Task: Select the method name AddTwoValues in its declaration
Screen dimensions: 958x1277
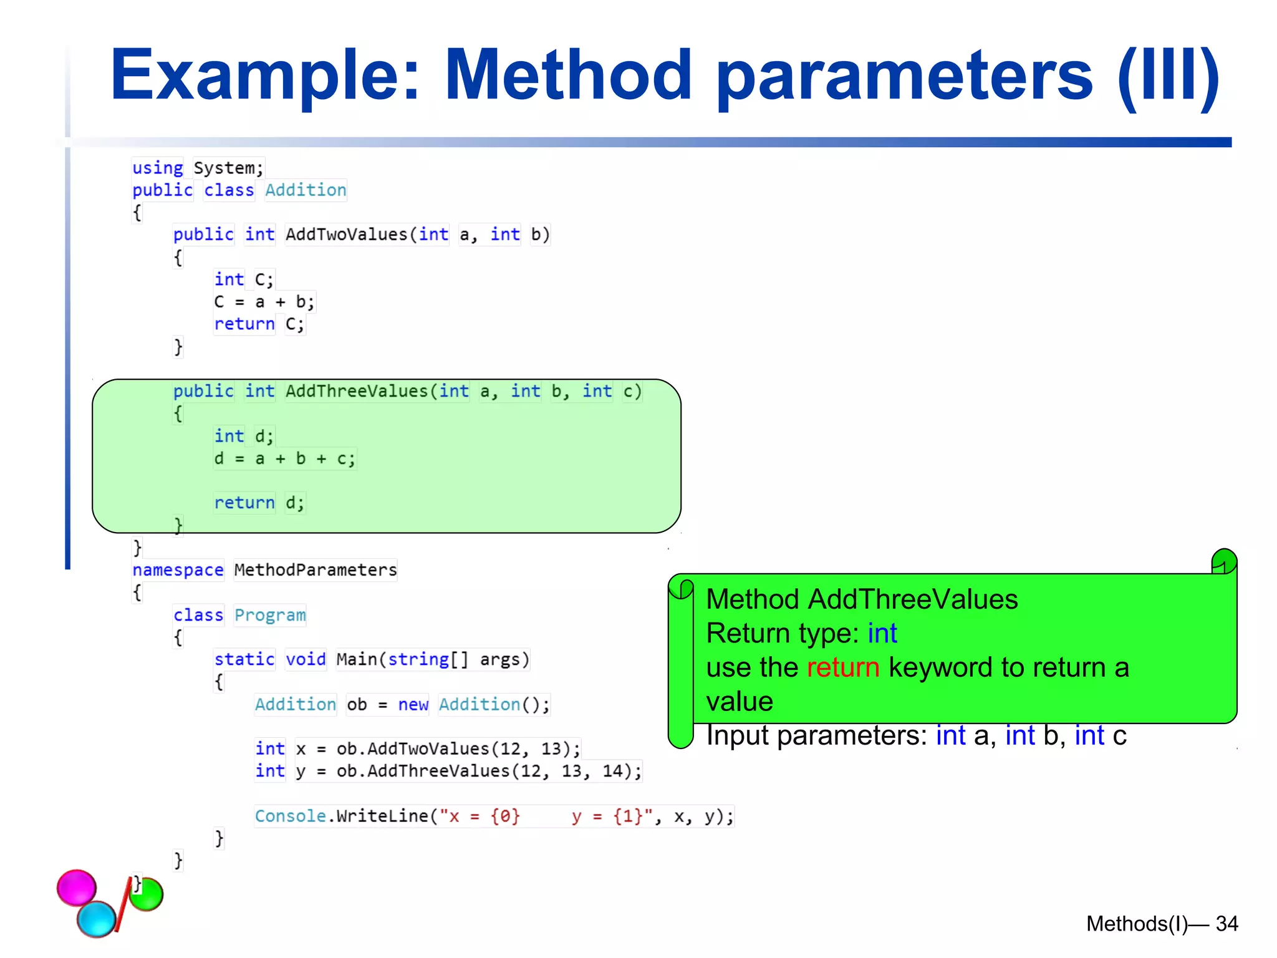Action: [346, 235]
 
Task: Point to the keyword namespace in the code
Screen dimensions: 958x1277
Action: [178, 570]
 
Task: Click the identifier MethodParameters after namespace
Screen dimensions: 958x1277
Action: [316, 570]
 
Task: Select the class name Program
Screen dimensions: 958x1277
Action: [270, 615]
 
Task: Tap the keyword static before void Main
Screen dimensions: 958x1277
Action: [244, 659]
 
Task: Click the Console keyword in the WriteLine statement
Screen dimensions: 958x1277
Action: [290, 816]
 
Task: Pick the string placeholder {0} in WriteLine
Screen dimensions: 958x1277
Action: [505, 816]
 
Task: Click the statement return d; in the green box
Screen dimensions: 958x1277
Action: [259, 503]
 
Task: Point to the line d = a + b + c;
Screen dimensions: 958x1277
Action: [284, 459]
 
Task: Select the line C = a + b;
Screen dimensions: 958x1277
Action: [264, 302]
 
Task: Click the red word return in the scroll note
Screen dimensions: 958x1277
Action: [842, 667]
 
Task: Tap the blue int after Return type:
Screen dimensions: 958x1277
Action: [882, 634]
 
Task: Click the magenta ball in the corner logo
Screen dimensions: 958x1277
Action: [77, 887]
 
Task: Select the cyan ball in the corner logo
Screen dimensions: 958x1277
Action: [97, 919]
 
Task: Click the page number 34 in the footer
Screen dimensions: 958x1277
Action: [1226, 924]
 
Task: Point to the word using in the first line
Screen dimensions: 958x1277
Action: [157, 168]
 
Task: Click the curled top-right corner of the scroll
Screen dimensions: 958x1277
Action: [1224, 561]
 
